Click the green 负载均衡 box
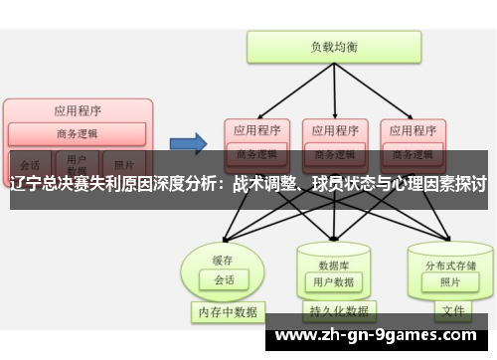tap(334, 46)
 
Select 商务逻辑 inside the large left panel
tap(77, 134)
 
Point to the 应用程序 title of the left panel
tap(77, 110)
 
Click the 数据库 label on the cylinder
tap(333, 265)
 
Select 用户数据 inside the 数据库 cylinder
tap(334, 282)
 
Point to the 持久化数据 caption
tap(334, 312)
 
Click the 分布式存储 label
tap(450, 265)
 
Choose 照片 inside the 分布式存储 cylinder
tap(450, 281)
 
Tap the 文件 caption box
tap(452, 311)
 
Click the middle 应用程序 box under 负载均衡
tap(334, 129)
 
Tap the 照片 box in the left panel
tap(123, 165)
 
